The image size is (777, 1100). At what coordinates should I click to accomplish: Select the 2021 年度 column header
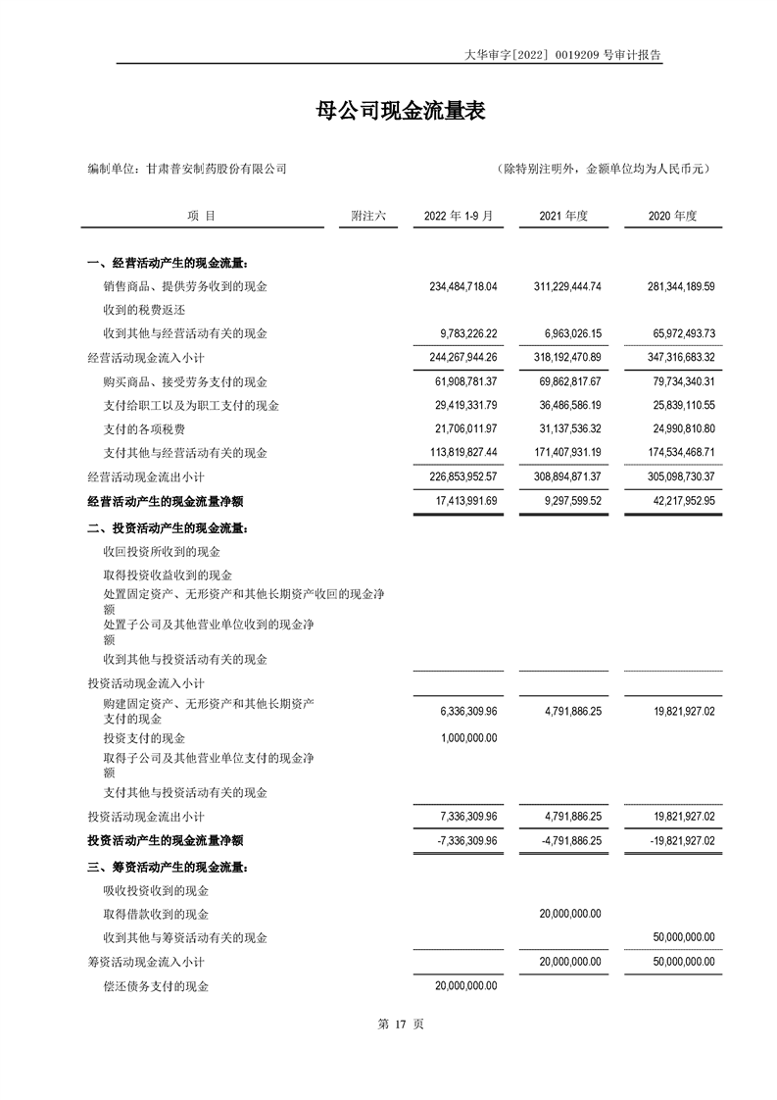pos(563,216)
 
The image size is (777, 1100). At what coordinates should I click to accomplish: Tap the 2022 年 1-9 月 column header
pos(458,216)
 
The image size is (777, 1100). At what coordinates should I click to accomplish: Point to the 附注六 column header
pos(369,216)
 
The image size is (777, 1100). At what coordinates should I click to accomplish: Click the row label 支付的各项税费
pos(144,429)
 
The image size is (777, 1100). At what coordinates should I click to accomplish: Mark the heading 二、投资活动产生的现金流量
pos(168,528)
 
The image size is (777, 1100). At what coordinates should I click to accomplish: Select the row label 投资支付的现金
pos(144,738)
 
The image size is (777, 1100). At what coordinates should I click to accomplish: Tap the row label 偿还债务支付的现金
pos(156,986)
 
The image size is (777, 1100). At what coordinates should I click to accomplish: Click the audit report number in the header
pos(563,56)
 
